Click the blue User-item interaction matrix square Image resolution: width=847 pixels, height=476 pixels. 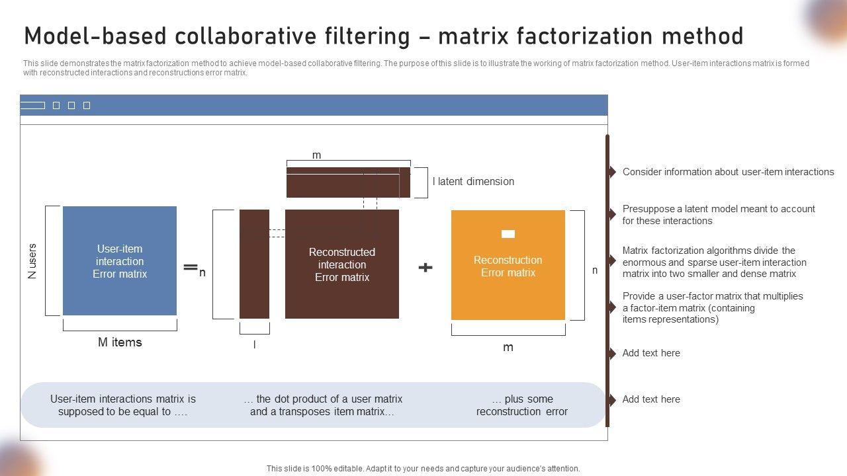point(120,261)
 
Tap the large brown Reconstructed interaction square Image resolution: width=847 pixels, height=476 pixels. point(341,264)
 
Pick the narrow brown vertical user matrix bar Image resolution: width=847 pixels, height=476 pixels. point(254,264)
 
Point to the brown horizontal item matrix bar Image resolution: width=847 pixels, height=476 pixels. point(348,182)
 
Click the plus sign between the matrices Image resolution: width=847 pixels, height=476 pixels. point(425,267)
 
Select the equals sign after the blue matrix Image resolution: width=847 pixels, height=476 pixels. point(191,267)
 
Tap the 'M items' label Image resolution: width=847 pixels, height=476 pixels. point(120,342)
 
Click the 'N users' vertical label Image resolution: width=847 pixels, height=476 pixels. point(32,261)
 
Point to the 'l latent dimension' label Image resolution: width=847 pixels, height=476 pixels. point(473,182)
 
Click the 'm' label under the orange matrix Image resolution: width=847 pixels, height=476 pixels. point(508,348)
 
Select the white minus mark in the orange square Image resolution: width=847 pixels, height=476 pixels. point(508,233)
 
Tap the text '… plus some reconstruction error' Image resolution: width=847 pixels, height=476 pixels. point(522,405)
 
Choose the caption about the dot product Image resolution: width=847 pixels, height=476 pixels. point(323,405)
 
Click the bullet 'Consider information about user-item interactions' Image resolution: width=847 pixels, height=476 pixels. point(728,172)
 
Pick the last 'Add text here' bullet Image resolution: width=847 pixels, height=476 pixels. point(651,399)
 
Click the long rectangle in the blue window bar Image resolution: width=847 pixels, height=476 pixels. point(32,106)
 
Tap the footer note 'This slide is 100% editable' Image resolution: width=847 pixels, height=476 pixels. point(423,469)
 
